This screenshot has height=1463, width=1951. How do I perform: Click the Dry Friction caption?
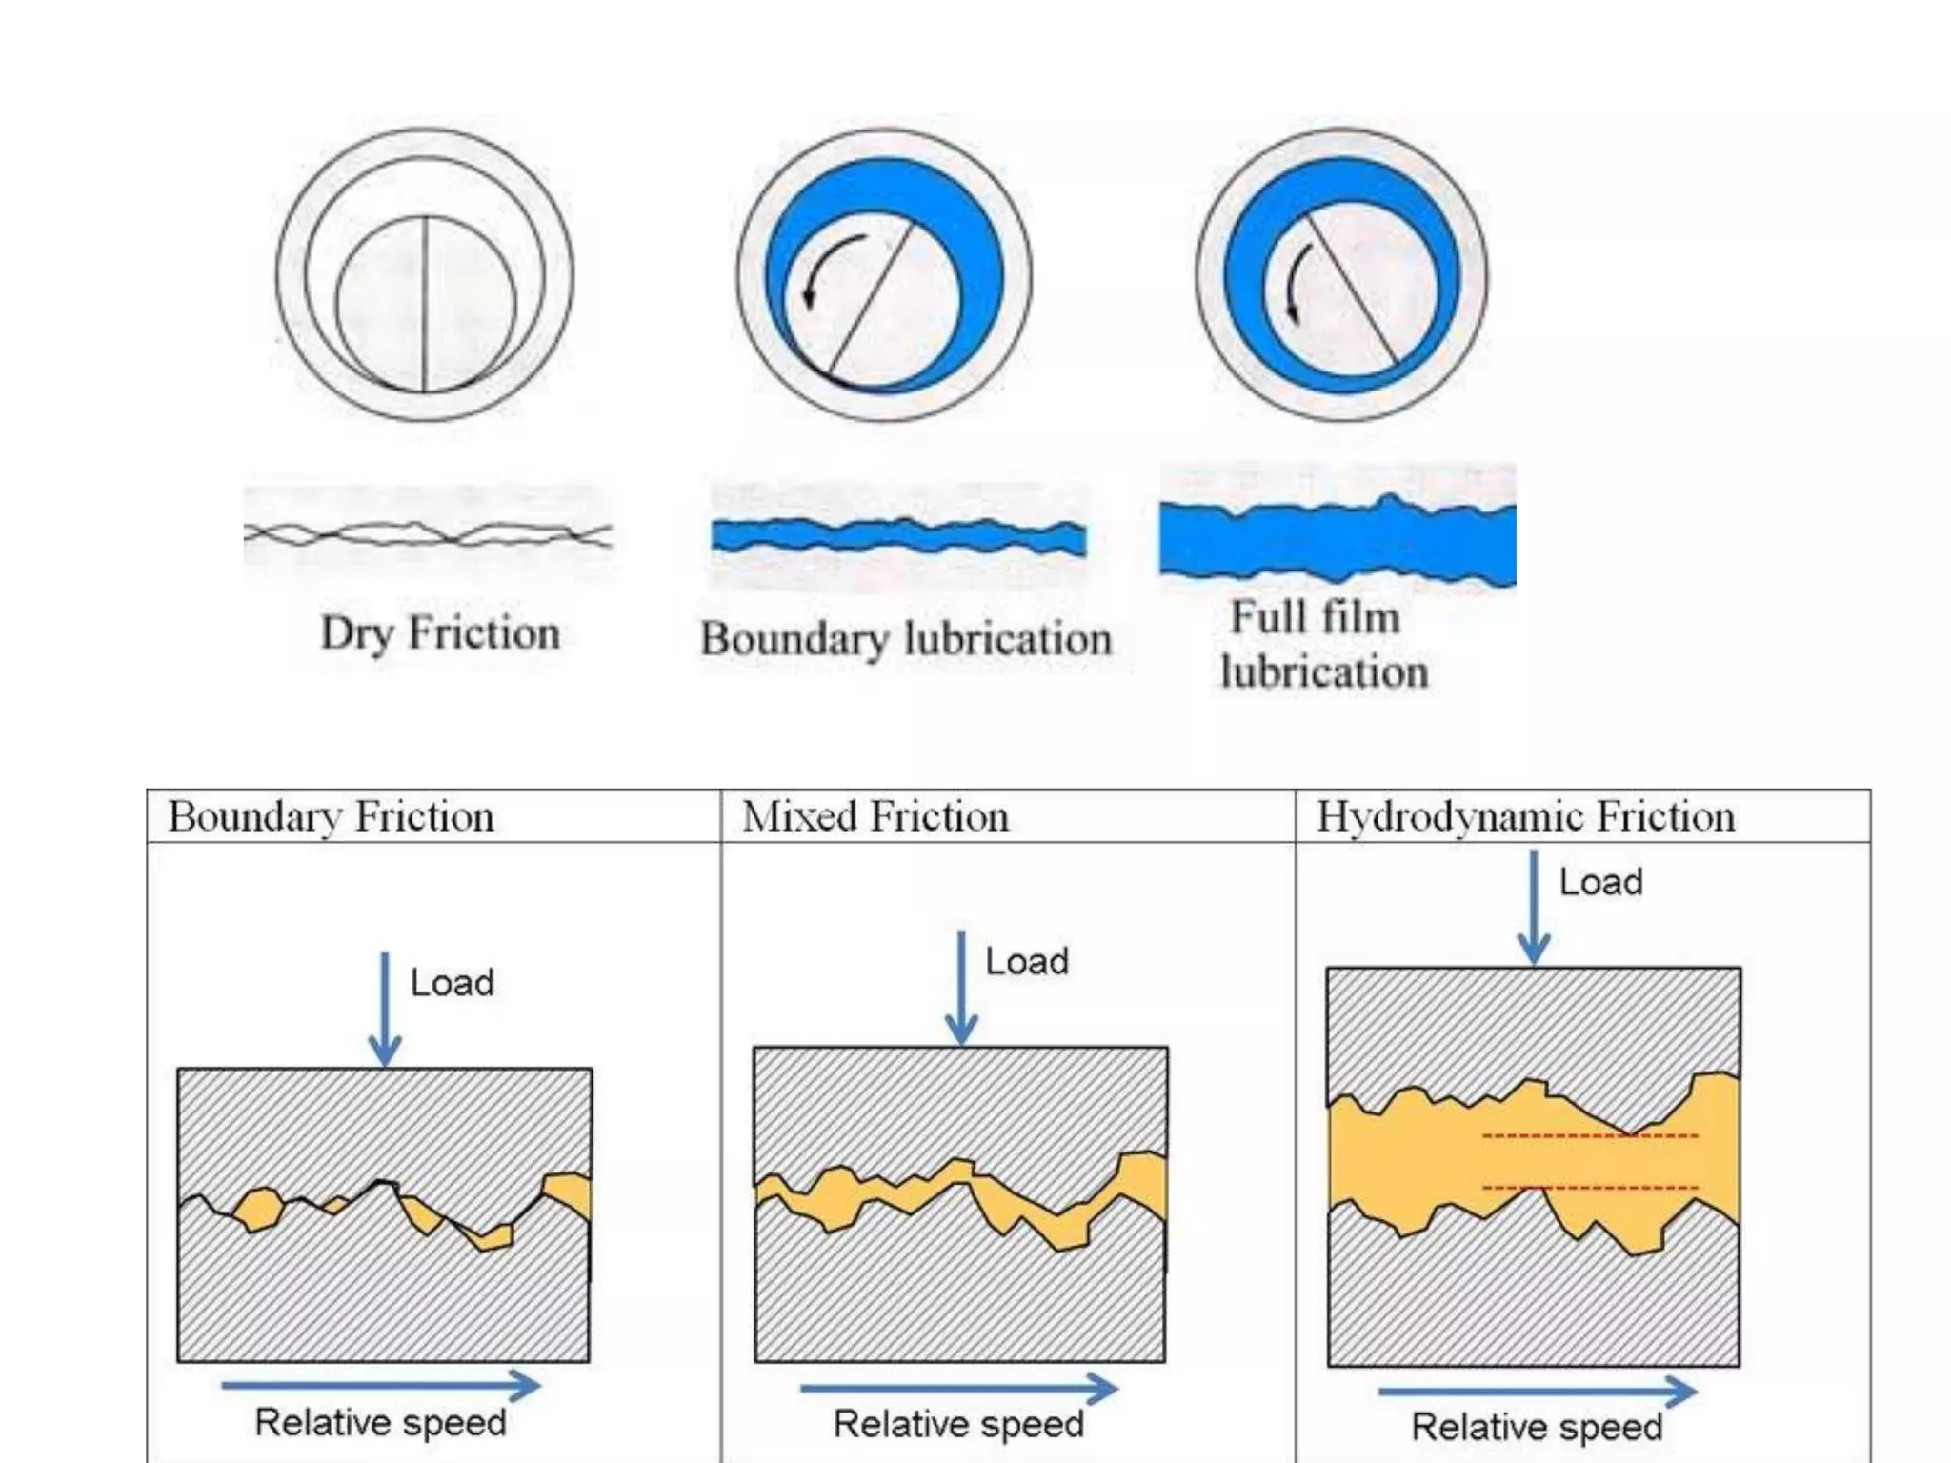[x=439, y=633]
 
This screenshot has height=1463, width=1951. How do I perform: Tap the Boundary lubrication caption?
[x=906, y=638]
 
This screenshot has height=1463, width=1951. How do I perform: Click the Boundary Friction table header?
[x=331, y=817]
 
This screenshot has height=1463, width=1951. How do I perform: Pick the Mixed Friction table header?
[x=875, y=817]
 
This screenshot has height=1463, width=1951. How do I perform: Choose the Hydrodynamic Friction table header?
[x=1525, y=817]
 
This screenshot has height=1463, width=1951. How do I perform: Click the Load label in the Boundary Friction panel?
[x=452, y=983]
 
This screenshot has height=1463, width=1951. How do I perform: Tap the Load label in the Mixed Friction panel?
[x=1026, y=962]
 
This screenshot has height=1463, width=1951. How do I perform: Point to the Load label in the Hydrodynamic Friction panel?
[x=1600, y=882]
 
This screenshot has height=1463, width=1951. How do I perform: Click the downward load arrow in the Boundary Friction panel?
[x=385, y=1010]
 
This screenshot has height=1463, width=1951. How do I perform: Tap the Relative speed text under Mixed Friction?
[x=958, y=1424]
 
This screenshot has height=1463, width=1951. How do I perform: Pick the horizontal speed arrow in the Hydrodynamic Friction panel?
[x=1537, y=1392]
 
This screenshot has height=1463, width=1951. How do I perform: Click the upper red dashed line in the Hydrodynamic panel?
[x=1589, y=1135]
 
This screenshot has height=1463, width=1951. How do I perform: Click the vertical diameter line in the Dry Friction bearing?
[x=424, y=305]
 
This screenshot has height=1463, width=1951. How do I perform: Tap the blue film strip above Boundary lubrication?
[x=898, y=537]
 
